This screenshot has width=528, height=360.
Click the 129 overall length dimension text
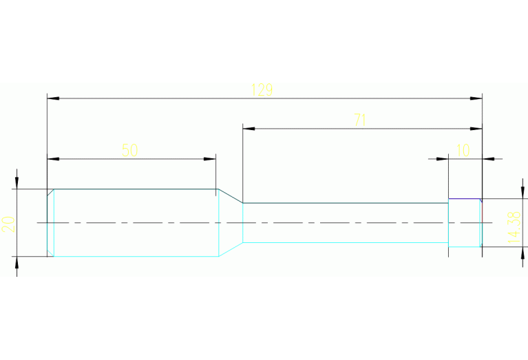pyautogui.click(x=262, y=89)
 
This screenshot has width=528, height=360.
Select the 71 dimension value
pyautogui.click(x=360, y=120)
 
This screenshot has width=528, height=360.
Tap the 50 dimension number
pyautogui.click(x=129, y=150)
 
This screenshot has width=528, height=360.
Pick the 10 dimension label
pyautogui.click(x=463, y=150)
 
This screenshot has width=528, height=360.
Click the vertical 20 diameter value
pyautogui.click(x=8, y=224)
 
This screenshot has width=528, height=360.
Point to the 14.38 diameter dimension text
pyautogui.click(x=514, y=227)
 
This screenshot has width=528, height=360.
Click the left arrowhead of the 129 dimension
pyautogui.click(x=53, y=98)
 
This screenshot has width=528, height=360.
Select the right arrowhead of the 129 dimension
pyautogui.click(x=476, y=98)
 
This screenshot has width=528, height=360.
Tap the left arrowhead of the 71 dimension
pyautogui.click(x=249, y=129)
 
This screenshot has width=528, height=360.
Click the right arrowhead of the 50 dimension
pyautogui.click(x=210, y=159)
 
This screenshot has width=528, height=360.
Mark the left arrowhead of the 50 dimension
pyautogui.click(x=53, y=159)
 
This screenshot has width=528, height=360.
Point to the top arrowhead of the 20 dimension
pyautogui.click(x=17, y=183)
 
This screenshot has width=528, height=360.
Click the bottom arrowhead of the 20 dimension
pyautogui.click(x=17, y=262)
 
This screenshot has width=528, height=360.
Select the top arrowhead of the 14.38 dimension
pyautogui.click(x=522, y=193)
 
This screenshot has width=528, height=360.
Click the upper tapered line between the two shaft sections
pyautogui.click(x=231, y=196)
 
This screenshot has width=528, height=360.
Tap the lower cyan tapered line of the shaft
pyautogui.click(x=231, y=250)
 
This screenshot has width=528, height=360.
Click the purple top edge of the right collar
pyautogui.click(x=464, y=199)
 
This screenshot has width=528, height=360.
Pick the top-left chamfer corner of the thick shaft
pyautogui.click(x=50, y=192)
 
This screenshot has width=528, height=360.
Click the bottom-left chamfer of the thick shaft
pyautogui.click(x=50, y=253)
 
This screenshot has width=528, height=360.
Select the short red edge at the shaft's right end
pyautogui.click(x=482, y=212)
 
